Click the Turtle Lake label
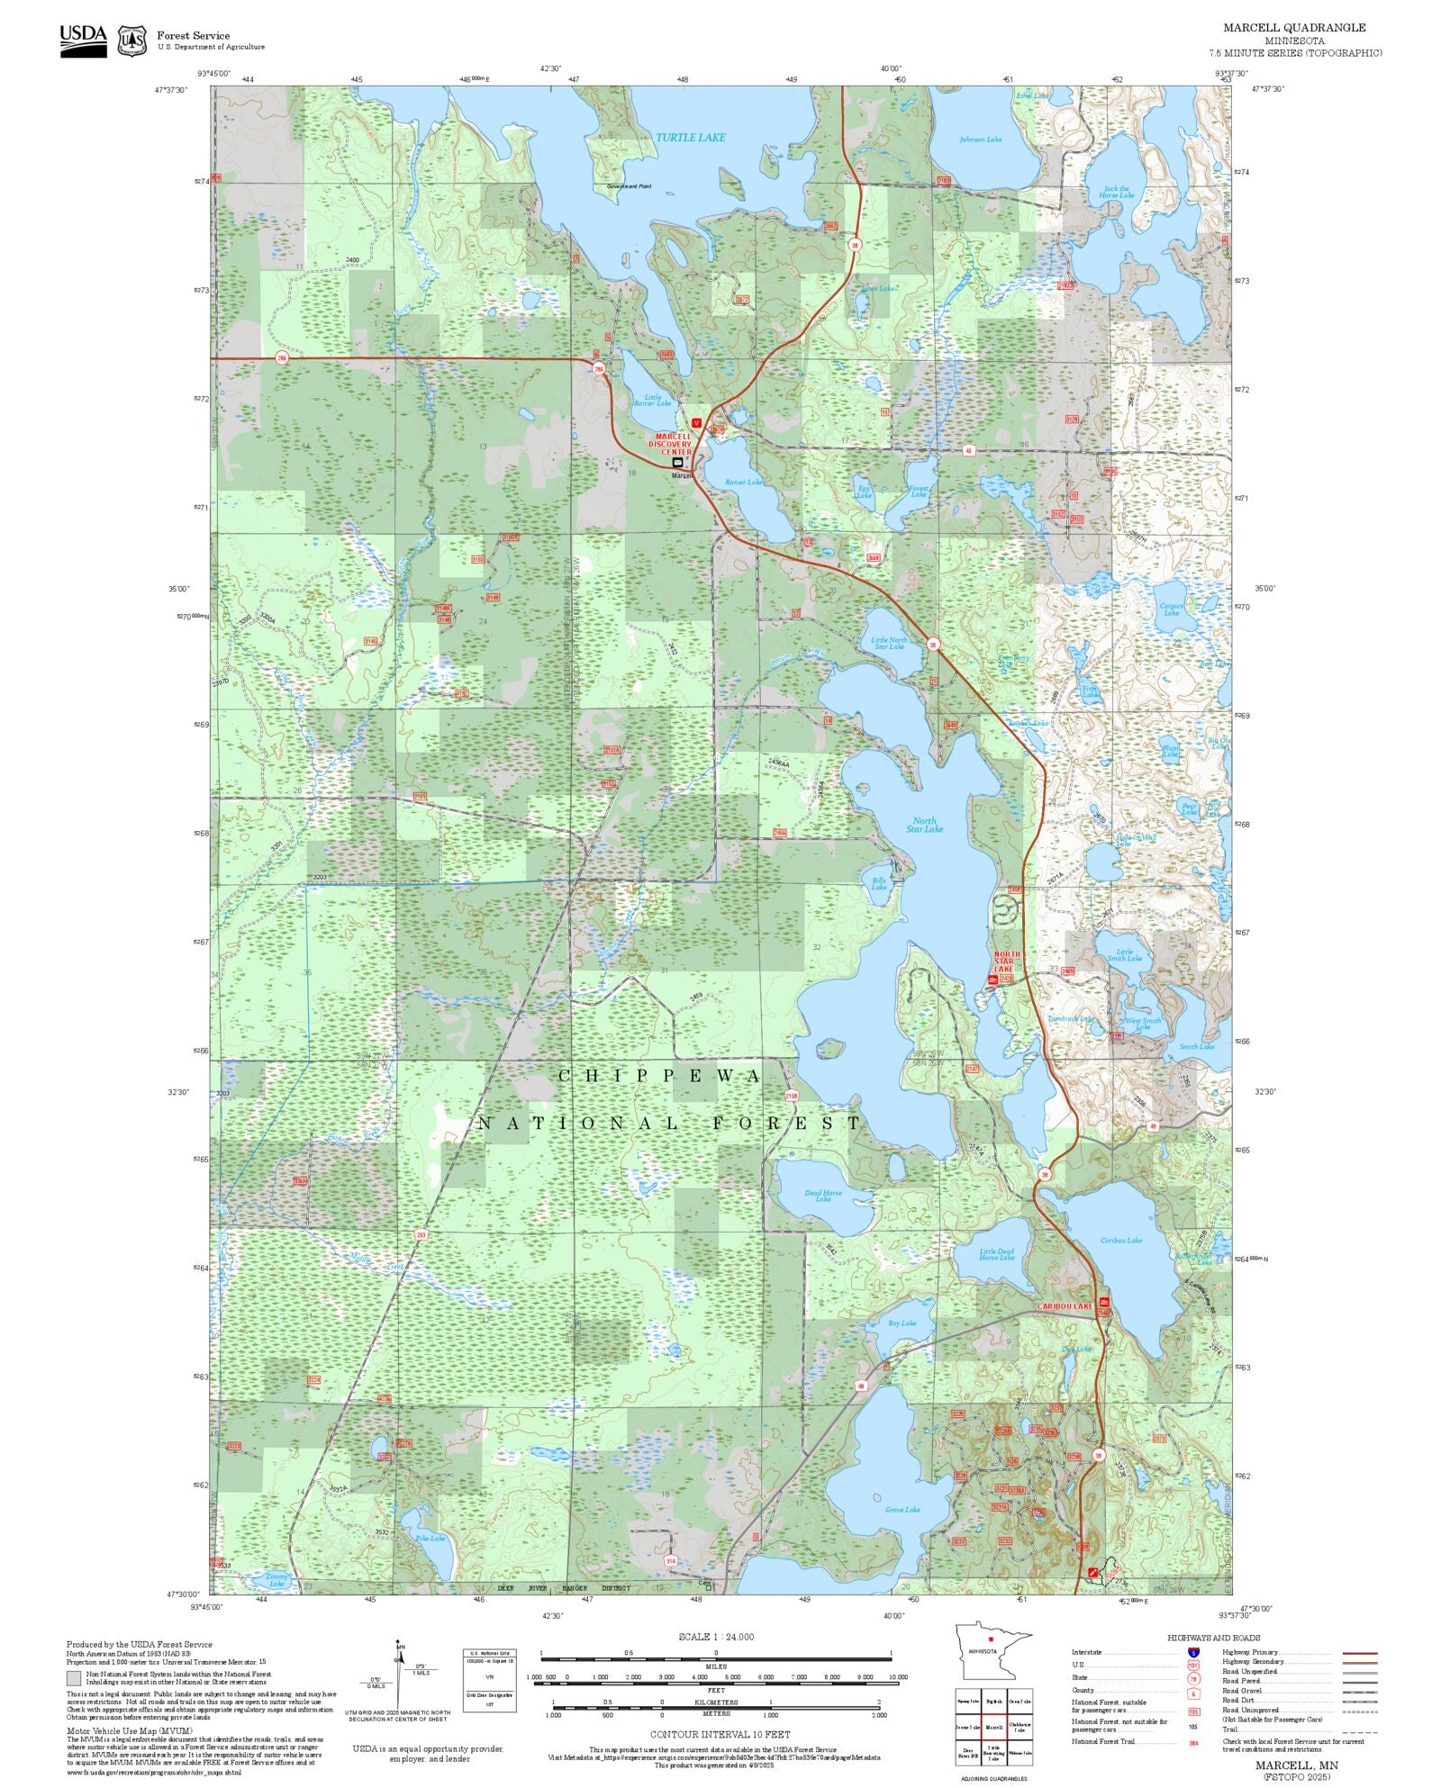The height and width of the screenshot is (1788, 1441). [x=690, y=138]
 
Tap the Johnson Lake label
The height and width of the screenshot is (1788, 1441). [x=980, y=140]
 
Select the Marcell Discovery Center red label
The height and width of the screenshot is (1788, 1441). [x=673, y=444]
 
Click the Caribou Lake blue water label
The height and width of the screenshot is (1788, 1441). [x=1120, y=1240]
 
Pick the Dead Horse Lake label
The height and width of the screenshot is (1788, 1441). [x=823, y=1196]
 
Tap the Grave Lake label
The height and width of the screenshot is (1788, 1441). [x=902, y=1510]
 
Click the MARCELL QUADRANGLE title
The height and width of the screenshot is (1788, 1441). [x=1293, y=28]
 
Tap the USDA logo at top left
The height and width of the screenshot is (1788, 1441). [x=83, y=41]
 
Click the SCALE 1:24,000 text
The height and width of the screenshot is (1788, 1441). [x=716, y=1637]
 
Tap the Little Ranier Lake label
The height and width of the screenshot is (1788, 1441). [x=652, y=400]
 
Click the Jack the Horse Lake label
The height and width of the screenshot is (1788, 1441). [x=1116, y=192]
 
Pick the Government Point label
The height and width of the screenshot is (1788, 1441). [x=629, y=186]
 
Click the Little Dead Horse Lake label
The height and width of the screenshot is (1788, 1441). [x=996, y=1254]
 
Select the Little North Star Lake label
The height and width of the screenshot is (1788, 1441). [x=889, y=643]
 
